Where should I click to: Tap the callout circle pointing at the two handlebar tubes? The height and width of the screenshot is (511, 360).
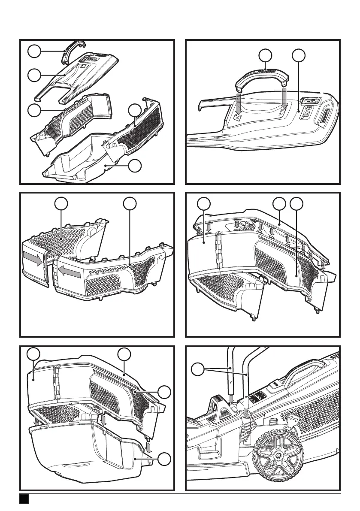(198, 369)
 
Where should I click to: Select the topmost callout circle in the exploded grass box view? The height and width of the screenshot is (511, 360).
(33, 52)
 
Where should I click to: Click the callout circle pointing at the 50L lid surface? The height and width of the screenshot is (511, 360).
(299, 55)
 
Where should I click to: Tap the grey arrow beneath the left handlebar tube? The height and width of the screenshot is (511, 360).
(232, 398)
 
